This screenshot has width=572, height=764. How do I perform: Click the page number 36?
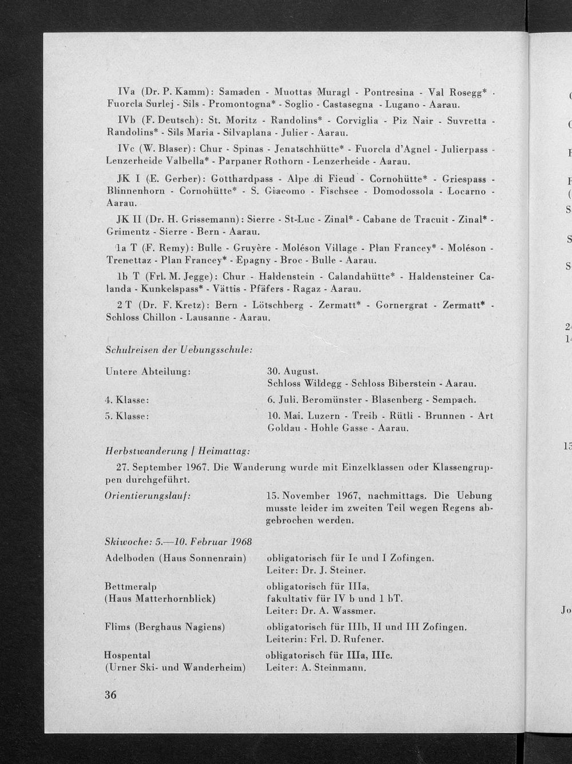tap(110, 695)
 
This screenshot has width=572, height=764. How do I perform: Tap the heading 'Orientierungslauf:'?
tap(148, 495)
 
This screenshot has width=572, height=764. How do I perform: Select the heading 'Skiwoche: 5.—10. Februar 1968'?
tap(179, 541)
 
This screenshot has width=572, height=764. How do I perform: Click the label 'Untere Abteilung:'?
tap(148, 371)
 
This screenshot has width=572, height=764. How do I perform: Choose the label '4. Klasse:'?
tap(128, 399)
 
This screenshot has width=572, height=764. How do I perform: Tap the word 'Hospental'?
tap(127, 654)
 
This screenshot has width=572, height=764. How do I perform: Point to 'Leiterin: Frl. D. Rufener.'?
tap(325, 638)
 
